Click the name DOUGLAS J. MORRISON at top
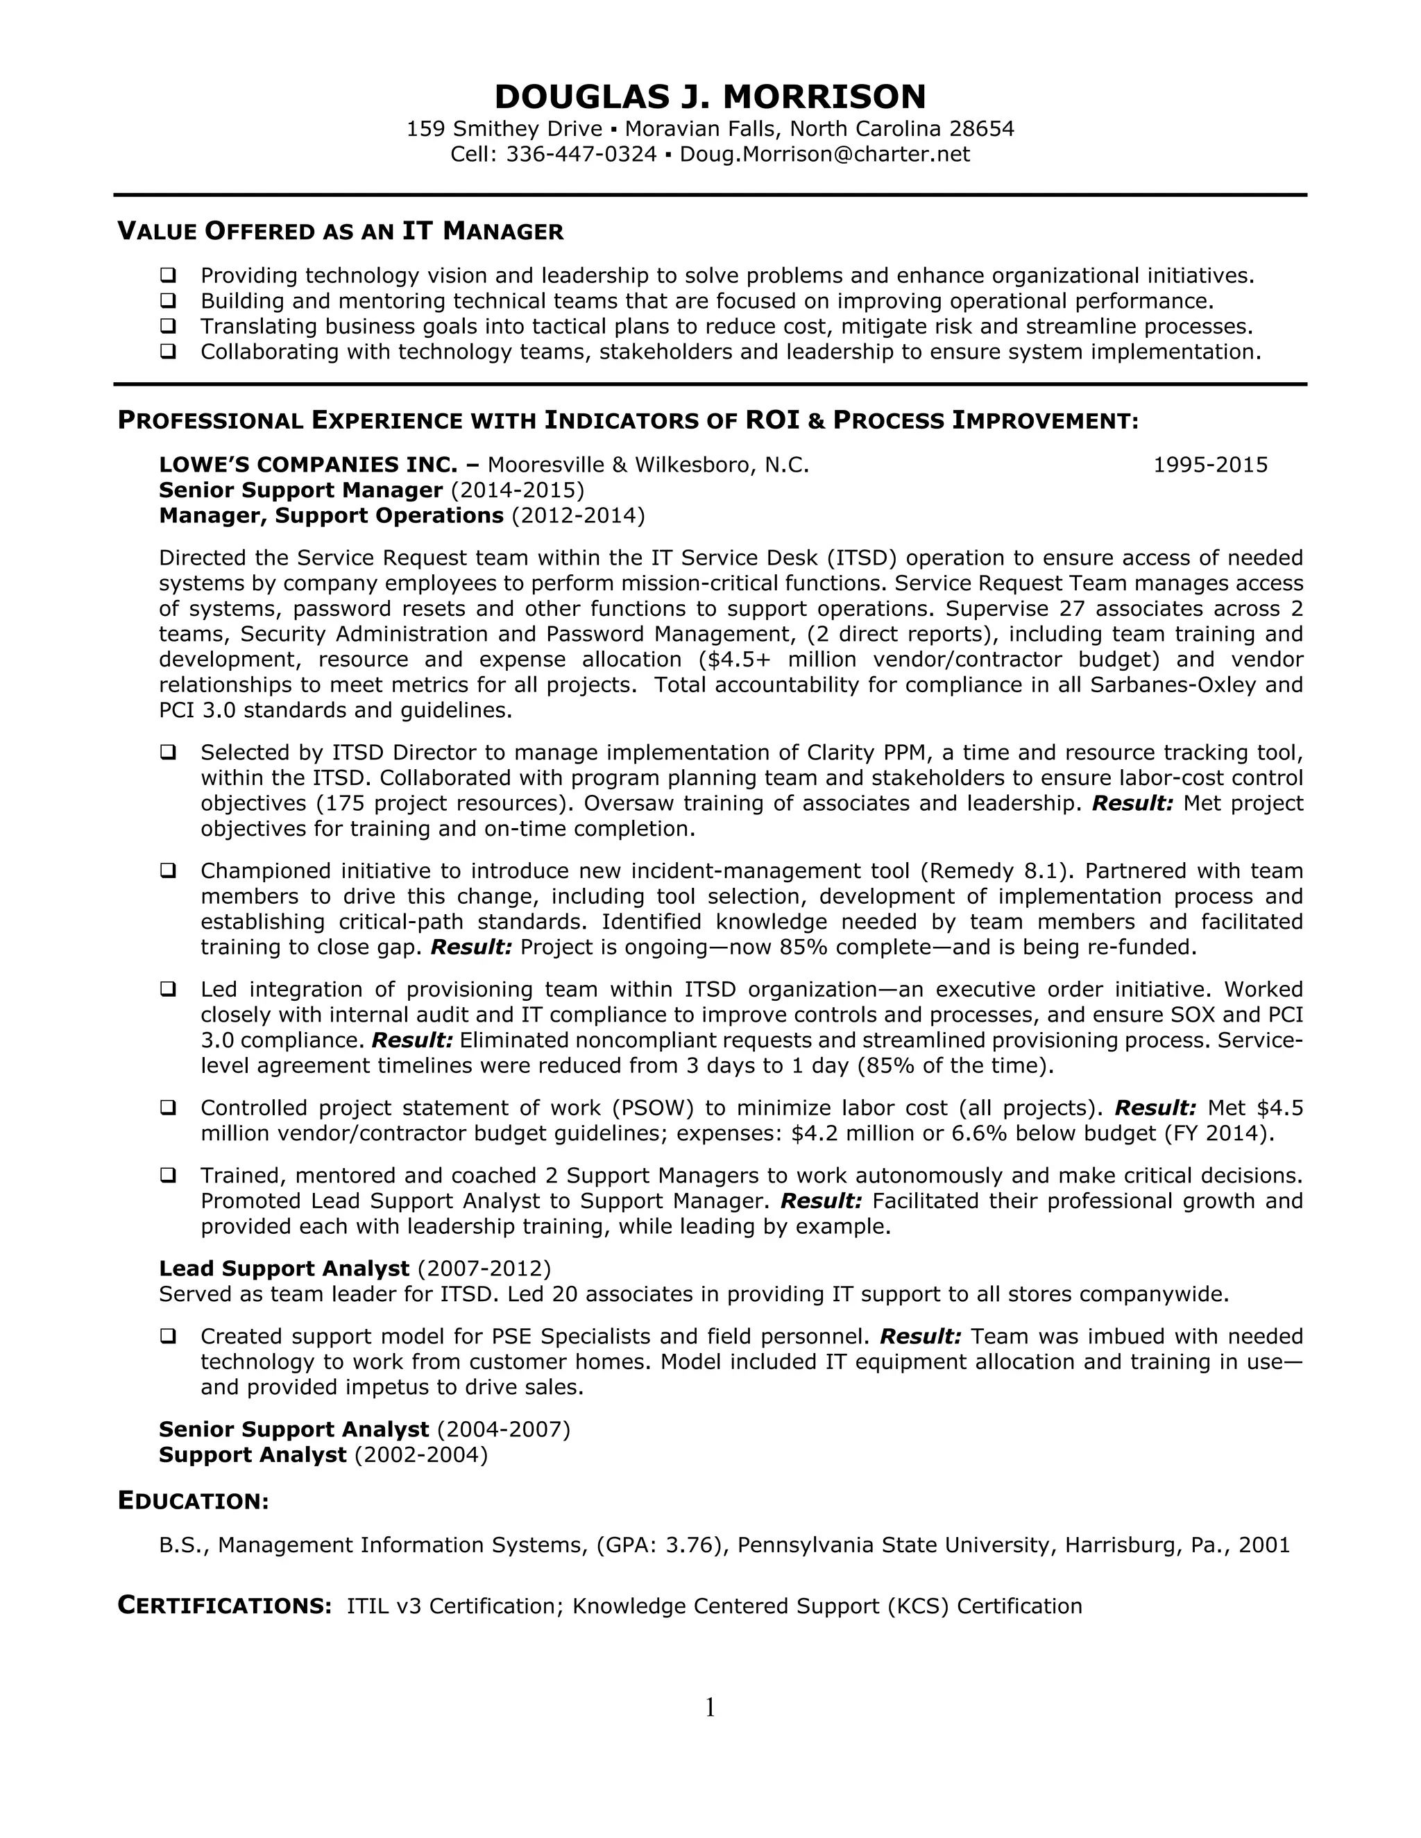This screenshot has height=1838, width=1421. [710, 98]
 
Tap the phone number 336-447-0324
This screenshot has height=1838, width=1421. [581, 155]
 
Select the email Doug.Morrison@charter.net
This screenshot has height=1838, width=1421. [824, 155]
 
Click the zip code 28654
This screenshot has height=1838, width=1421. [982, 129]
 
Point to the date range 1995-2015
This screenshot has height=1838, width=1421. [1209, 465]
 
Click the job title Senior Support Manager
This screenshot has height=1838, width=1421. [300, 490]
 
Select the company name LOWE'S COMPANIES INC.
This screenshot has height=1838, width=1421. [308, 465]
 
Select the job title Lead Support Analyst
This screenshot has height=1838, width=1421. [284, 1269]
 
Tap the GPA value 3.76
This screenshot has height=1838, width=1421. [688, 1545]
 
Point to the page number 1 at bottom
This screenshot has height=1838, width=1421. [710, 1708]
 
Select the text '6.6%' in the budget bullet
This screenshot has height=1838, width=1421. [978, 1133]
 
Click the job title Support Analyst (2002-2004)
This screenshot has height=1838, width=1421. [253, 1454]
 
